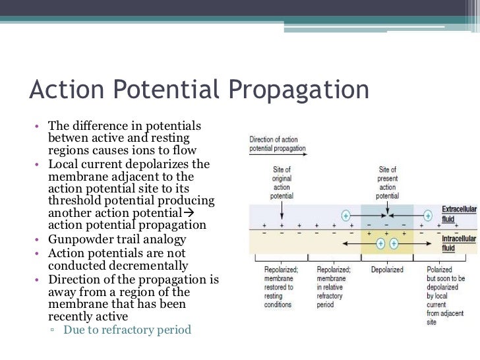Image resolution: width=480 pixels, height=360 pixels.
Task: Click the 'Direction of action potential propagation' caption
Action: (278, 144)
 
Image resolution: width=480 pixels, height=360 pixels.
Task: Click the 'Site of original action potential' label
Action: (282, 183)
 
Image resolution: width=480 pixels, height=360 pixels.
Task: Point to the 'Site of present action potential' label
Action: (388, 183)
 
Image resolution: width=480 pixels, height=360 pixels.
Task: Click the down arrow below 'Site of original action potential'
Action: (282, 211)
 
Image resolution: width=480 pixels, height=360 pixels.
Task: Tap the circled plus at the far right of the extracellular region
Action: (428, 215)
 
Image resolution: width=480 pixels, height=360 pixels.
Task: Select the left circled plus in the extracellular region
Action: (345, 215)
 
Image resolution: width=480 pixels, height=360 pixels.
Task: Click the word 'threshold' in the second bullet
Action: (76, 200)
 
